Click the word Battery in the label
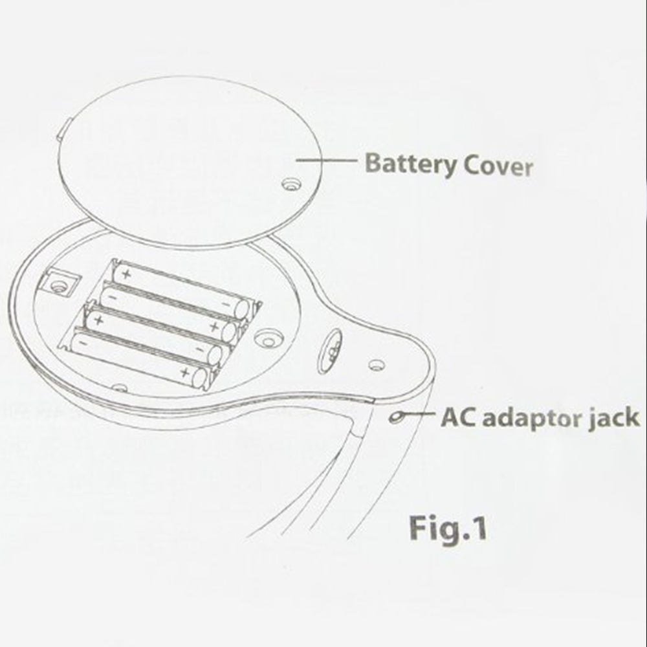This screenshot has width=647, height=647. [411, 164]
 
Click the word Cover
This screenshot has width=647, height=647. [498, 166]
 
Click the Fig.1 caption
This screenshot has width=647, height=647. [448, 528]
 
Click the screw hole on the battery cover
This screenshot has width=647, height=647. [292, 184]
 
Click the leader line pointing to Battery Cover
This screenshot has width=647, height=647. [326, 160]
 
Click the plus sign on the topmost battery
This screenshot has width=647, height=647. [127, 273]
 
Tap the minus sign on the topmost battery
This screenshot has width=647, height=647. [226, 305]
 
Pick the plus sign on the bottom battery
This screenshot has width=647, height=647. [185, 374]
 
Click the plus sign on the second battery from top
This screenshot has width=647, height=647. [214, 327]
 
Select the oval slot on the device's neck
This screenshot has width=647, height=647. [331, 351]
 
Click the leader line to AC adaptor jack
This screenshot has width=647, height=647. [418, 415]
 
